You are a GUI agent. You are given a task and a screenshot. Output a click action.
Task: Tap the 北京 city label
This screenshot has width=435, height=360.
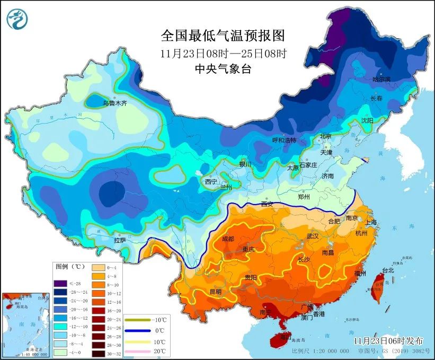click(325, 136)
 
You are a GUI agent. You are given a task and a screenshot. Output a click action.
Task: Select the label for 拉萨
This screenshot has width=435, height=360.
click(120, 240)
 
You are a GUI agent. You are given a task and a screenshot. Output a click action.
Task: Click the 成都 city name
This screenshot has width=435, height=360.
click(228, 239)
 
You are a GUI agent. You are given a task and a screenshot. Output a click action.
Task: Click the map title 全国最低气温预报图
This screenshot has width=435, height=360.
click(223, 36)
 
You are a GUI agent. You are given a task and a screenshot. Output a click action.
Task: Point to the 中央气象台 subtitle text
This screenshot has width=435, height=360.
click(223, 68)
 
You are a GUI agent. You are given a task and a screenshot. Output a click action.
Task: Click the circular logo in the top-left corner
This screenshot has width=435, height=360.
click(17, 20)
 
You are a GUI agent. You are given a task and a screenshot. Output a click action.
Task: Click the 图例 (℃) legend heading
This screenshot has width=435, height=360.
click(70, 266)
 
